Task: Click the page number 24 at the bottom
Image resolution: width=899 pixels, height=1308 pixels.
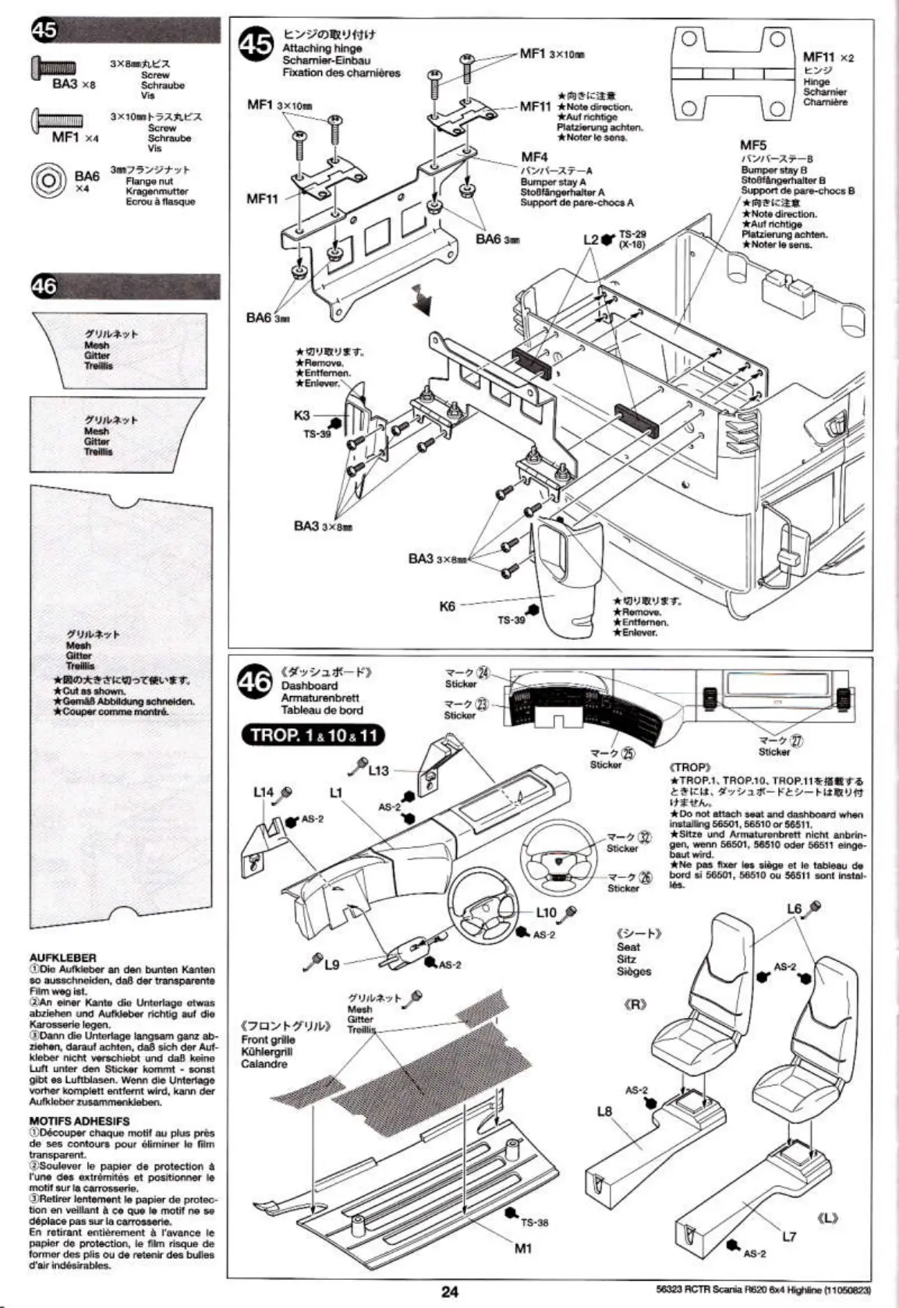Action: point(450,1290)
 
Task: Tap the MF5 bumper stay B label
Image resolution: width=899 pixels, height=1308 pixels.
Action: point(752,145)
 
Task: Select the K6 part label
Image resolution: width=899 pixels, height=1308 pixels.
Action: point(447,605)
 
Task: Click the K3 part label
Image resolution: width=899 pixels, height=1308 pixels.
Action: point(302,415)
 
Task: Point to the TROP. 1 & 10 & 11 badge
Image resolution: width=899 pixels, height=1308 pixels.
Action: point(313,735)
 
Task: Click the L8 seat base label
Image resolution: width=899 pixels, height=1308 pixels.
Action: point(604,1111)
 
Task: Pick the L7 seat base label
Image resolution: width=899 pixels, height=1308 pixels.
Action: point(789,1236)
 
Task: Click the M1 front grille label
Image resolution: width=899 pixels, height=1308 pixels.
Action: point(522,1248)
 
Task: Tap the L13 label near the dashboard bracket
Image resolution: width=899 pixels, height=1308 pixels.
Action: point(379,770)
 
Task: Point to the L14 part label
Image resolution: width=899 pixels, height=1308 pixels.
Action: point(264,792)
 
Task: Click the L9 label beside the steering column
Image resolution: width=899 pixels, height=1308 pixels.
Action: point(331,964)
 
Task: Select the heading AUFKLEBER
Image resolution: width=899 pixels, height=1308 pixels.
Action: point(62,957)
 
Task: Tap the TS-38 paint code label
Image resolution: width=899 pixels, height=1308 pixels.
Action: point(535,1222)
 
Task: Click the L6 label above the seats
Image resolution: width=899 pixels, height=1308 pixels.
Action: point(795,909)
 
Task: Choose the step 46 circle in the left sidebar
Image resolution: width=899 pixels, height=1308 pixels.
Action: point(44,286)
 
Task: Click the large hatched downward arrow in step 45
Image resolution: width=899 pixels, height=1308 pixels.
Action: point(422,299)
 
